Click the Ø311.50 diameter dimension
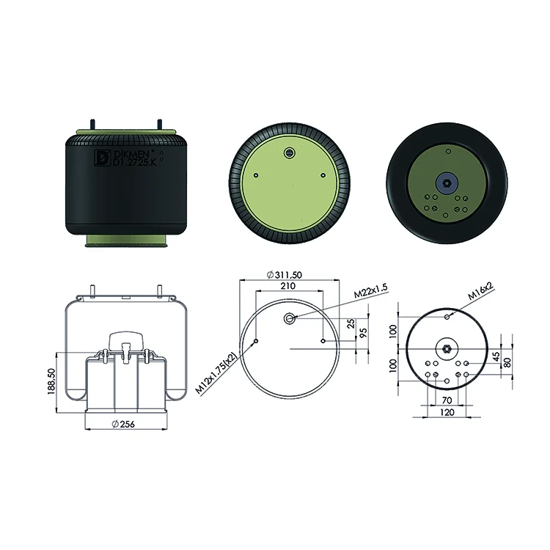coord(284,275)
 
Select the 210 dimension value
coord(288,286)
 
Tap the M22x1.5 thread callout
coord(370,291)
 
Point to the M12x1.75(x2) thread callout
coord(216,373)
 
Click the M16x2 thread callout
coord(480,291)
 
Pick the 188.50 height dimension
coord(51,381)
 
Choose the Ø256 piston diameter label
coord(123,424)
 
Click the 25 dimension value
coord(351,323)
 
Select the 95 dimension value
coord(363,332)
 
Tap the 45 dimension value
coord(496,356)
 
